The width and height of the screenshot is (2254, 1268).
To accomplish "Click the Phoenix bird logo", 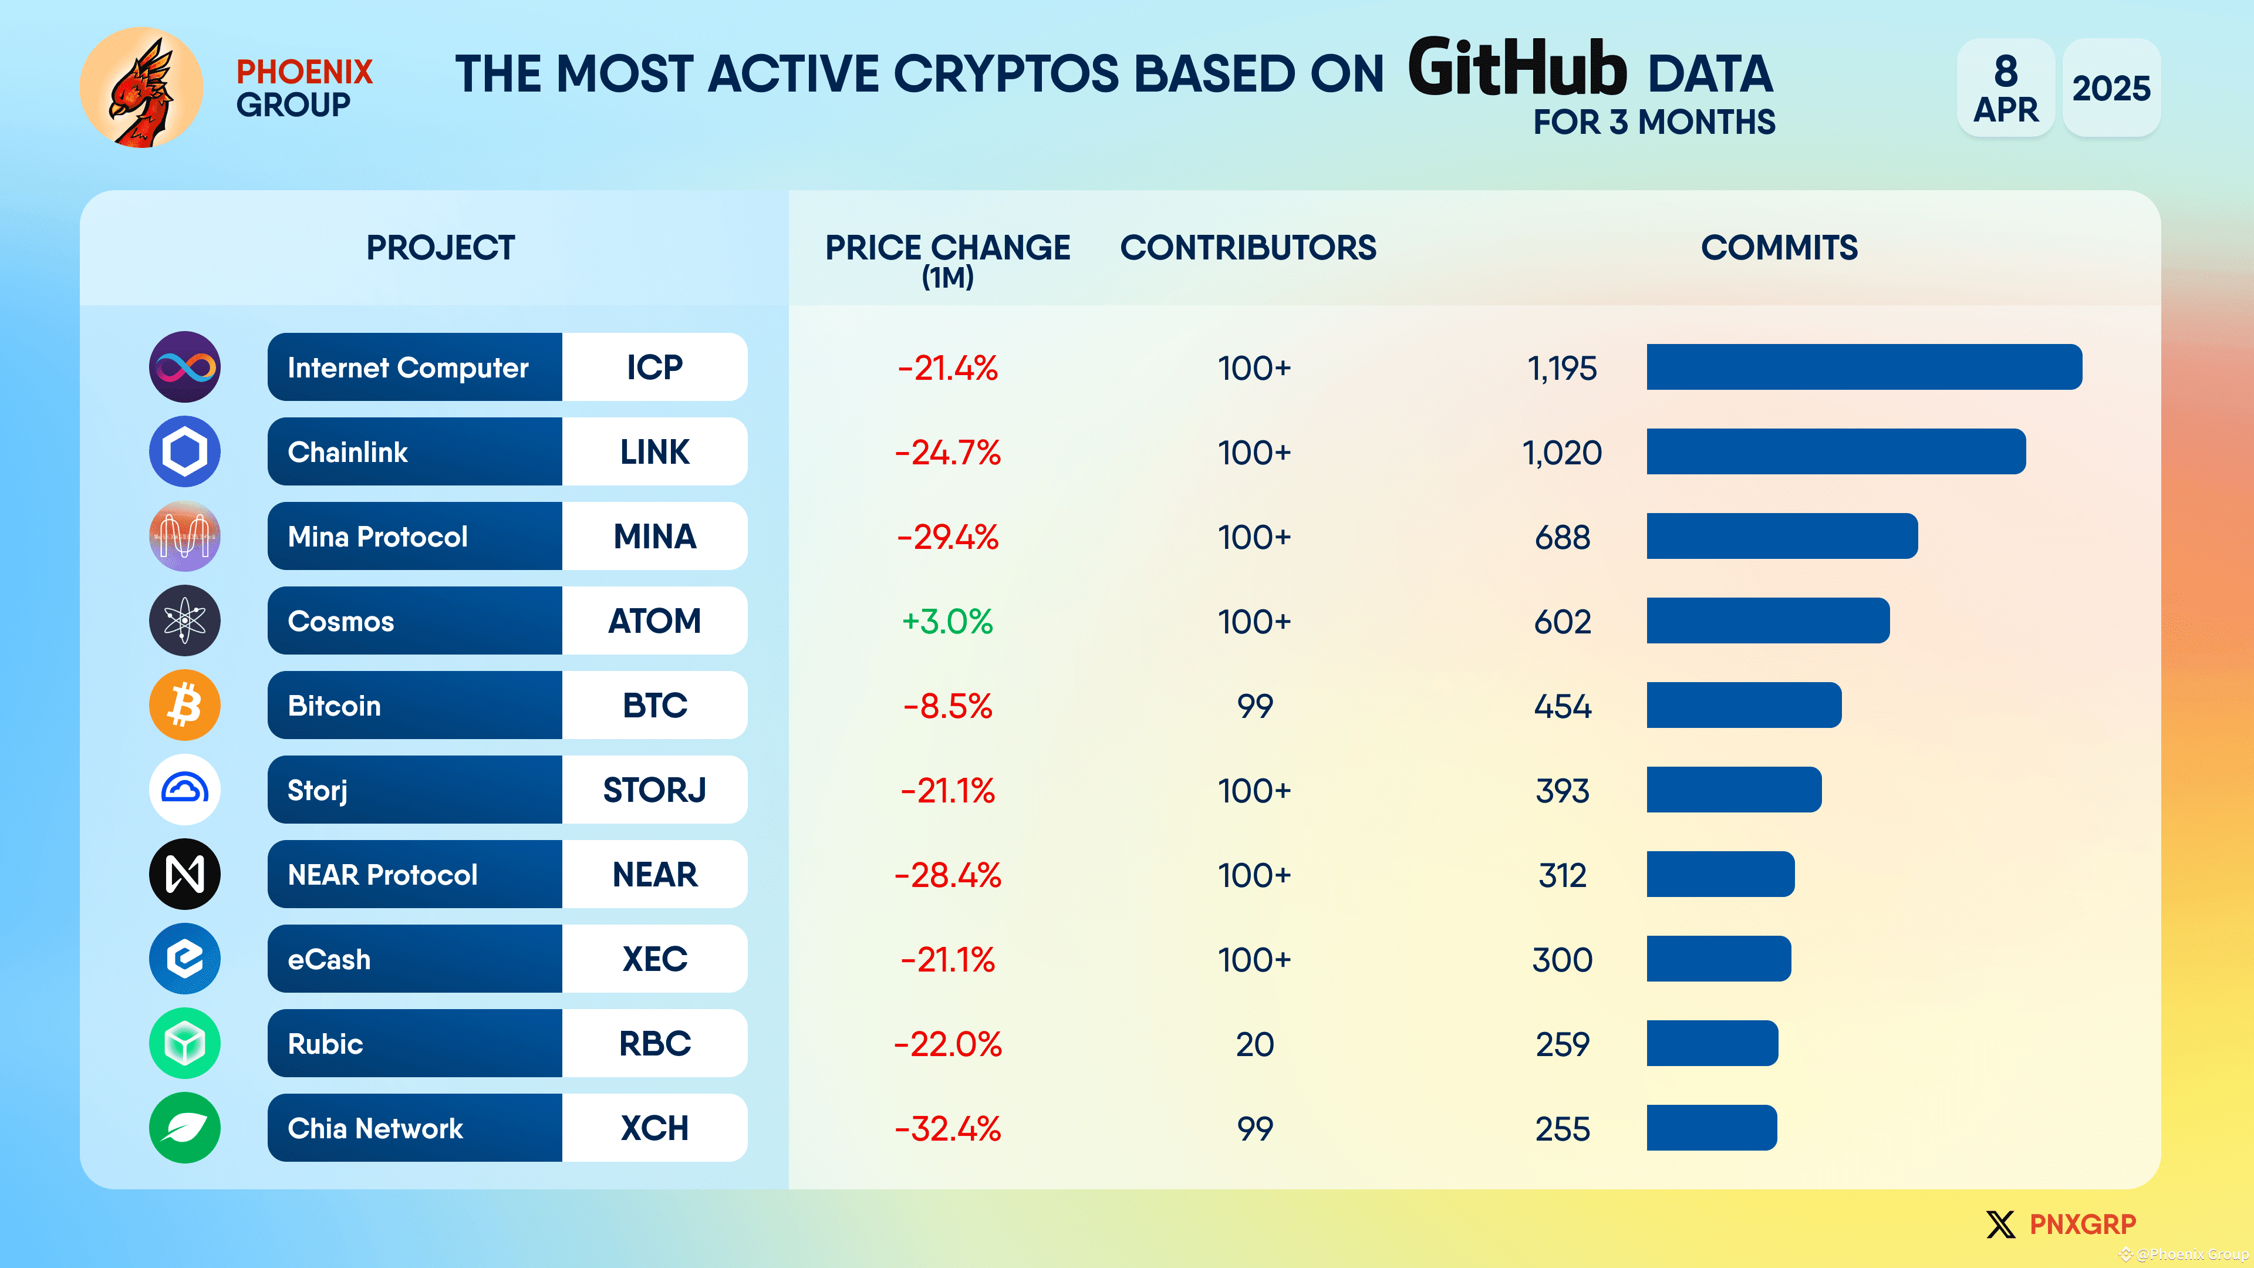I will pyautogui.click(x=141, y=87).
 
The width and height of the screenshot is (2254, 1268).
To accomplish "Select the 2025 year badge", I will pyautogui.click(x=2111, y=87).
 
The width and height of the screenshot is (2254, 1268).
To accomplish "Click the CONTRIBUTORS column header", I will pyautogui.click(x=1248, y=248).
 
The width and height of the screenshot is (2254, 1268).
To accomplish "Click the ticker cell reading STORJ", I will pyautogui.click(x=654, y=790).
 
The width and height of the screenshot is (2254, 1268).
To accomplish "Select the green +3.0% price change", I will pyautogui.click(x=947, y=621).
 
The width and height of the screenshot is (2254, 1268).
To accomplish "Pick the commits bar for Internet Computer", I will pyautogui.click(x=1864, y=367).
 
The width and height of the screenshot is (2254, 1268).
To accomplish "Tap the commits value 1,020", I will pyautogui.click(x=1562, y=453).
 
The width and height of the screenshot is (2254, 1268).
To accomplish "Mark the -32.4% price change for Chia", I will pyautogui.click(x=947, y=1129).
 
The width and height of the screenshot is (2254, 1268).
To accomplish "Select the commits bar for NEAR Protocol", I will pyautogui.click(x=1719, y=874).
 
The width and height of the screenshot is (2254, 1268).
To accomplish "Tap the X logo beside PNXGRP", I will pyautogui.click(x=2000, y=1223).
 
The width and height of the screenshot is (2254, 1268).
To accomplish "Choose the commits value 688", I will pyautogui.click(x=1562, y=537).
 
